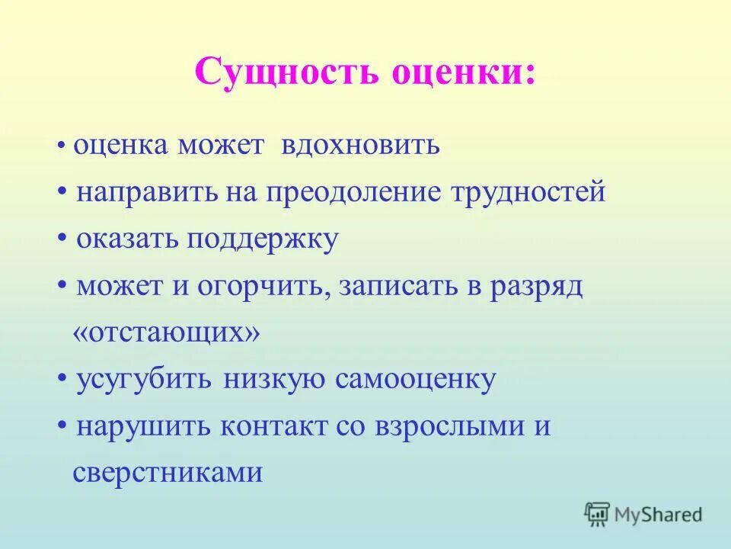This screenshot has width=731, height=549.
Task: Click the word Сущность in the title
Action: (x=287, y=73)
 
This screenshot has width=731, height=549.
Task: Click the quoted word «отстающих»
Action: (x=166, y=332)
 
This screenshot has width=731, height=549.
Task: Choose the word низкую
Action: (x=275, y=380)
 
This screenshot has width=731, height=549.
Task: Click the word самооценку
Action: (x=415, y=380)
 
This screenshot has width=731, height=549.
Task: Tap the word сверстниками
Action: (x=168, y=474)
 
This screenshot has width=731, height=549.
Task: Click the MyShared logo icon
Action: (x=598, y=514)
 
